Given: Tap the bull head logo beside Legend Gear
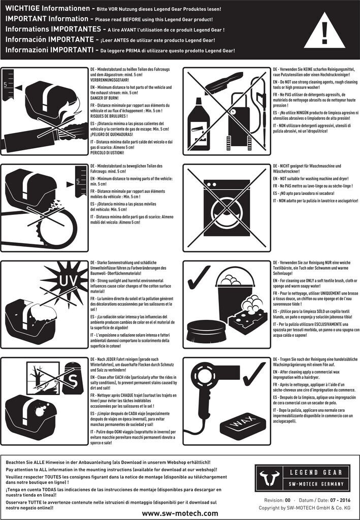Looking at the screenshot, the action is click(268, 478).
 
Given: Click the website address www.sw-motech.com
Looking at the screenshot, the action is click(180, 513).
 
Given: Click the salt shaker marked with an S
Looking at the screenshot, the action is click(73, 378).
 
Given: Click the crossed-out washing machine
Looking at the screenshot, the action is click(227, 208).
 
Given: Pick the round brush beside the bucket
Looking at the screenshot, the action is click(206, 331).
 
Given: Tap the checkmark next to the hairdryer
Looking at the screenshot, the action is click(254, 374).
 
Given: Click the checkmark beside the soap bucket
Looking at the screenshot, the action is click(199, 277).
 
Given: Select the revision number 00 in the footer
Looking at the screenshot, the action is click(287, 500).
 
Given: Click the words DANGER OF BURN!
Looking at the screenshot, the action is click(105, 98).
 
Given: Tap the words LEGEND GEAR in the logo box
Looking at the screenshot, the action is click(316, 472).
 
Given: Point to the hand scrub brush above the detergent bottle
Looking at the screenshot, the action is click(224, 83).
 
